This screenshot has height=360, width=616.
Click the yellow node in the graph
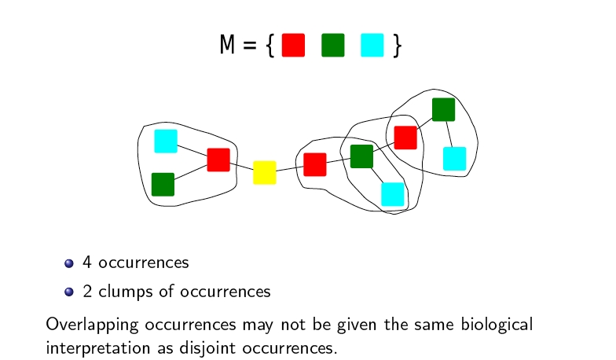tap(265, 172)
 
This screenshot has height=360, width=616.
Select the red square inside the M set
tap(293, 46)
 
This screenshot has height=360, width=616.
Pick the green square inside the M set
tap(332, 46)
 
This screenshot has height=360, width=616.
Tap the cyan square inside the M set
tap(372, 46)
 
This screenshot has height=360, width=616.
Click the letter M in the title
tap(228, 46)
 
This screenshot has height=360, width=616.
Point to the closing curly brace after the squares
tap(398, 46)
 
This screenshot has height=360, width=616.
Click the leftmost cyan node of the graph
tap(166, 141)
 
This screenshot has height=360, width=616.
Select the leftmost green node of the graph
tap(163, 184)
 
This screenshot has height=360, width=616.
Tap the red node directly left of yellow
tap(218, 160)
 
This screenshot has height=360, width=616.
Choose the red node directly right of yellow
tap(315, 164)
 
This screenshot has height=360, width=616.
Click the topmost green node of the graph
tap(443, 109)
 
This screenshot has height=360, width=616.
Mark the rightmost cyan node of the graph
tap(454, 158)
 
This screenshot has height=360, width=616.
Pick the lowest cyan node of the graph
tap(392, 194)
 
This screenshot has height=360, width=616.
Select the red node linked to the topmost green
tap(405, 137)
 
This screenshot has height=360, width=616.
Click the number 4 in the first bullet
tap(87, 263)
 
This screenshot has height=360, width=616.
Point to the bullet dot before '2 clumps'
tap(68, 292)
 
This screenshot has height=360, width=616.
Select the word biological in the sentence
tap(489, 324)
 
